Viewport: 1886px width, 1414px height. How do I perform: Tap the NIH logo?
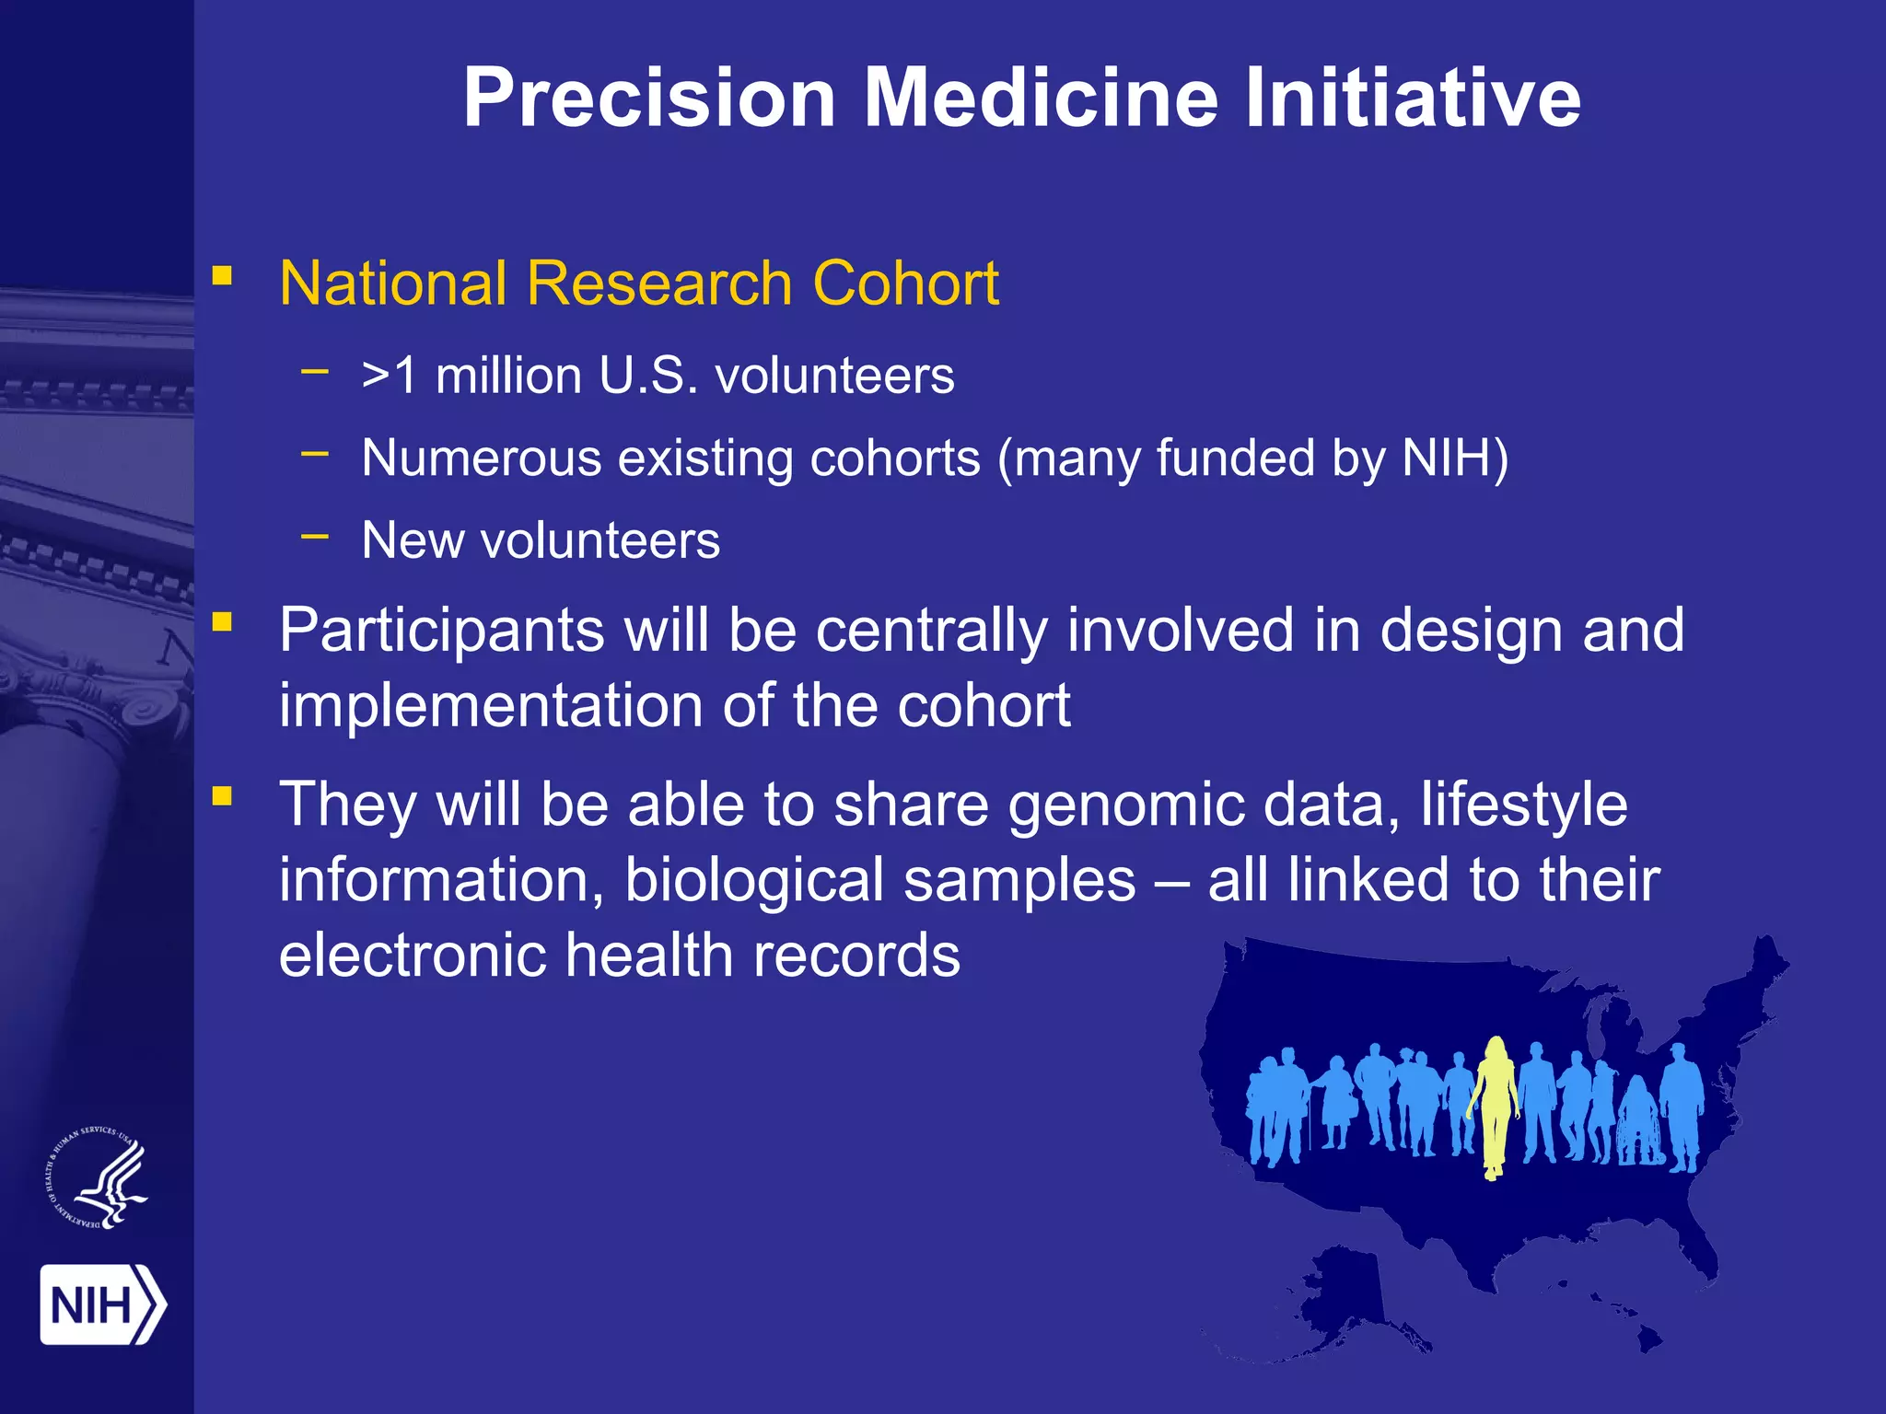pyautogui.click(x=101, y=1304)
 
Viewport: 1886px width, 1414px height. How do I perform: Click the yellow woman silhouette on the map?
pyautogui.click(x=1494, y=1105)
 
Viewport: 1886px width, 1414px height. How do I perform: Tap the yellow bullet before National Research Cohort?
pyautogui.click(x=222, y=276)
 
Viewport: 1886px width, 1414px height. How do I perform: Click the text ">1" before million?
pyautogui.click(x=390, y=376)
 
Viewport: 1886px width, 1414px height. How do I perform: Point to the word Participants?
pyautogui.click(x=441, y=632)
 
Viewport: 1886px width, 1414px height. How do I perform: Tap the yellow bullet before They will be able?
pyautogui.click(x=222, y=795)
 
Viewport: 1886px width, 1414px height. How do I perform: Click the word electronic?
pyautogui.click(x=412, y=955)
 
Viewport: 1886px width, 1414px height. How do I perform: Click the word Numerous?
pyautogui.click(x=481, y=458)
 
